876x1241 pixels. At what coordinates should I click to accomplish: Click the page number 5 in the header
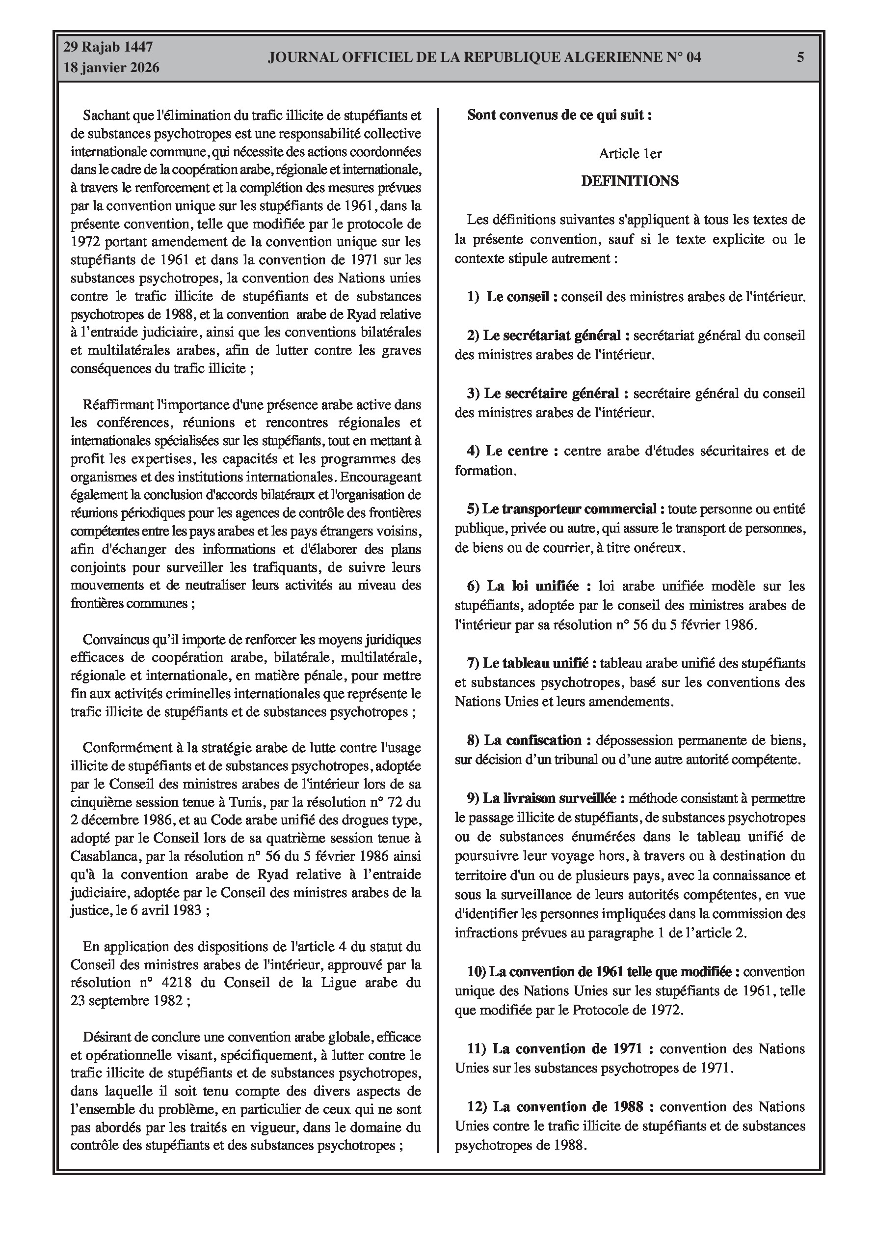tap(800, 57)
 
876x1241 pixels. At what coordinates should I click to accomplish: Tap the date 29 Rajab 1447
tap(108, 47)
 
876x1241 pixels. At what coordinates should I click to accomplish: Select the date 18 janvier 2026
tap(112, 68)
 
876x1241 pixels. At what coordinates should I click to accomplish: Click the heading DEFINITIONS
tap(630, 181)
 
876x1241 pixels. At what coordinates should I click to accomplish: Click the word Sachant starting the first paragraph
tap(104, 115)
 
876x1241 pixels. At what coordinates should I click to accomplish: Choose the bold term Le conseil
tap(517, 297)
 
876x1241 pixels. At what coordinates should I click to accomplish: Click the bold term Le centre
tap(516, 451)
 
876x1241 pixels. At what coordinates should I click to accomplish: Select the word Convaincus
tap(112, 640)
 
